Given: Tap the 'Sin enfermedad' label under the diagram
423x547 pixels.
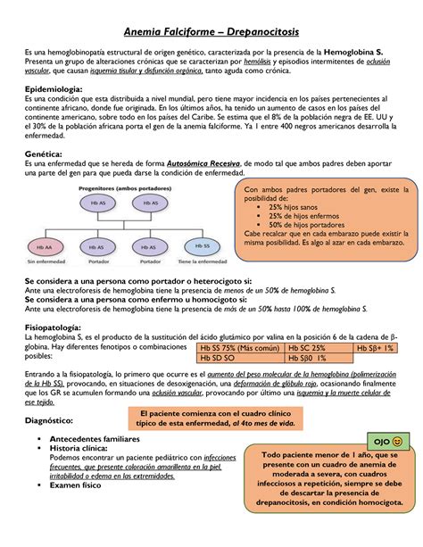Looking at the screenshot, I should tap(44, 262).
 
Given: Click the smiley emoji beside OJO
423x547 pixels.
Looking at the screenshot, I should tap(396, 442).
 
